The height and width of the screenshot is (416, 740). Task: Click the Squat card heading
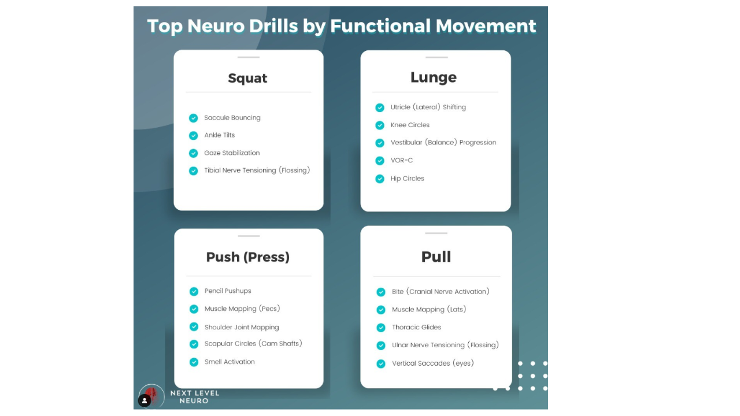coord(247,79)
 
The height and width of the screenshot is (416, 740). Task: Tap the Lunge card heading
coord(434,77)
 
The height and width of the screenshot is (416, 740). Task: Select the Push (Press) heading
coord(248,257)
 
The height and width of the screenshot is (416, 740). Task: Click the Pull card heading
coord(436,257)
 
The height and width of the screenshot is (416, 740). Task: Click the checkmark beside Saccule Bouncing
coord(194,118)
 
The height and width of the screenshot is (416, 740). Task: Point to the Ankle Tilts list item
coord(220,135)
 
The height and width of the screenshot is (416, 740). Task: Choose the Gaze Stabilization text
coord(232,153)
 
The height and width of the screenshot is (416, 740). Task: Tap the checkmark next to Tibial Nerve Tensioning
coord(194,171)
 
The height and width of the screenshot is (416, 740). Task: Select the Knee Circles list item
coord(410,125)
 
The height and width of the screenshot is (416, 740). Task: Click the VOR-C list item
coord(402,161)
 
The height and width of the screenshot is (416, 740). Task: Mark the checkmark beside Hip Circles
coord(380,179)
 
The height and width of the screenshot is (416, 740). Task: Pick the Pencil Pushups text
coord(228,291)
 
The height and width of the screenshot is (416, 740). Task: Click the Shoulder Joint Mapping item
coord(242,327)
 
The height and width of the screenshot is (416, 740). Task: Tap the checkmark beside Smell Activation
coord(194,362)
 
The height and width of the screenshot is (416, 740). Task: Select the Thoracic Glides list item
coord(416,328)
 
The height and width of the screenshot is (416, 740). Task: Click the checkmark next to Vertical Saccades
coord(381,364)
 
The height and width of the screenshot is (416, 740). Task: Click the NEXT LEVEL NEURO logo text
coord(195,397)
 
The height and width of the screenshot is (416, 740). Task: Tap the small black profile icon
coord(145,400)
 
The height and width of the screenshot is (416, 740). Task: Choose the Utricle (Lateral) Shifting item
coord(428,107)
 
